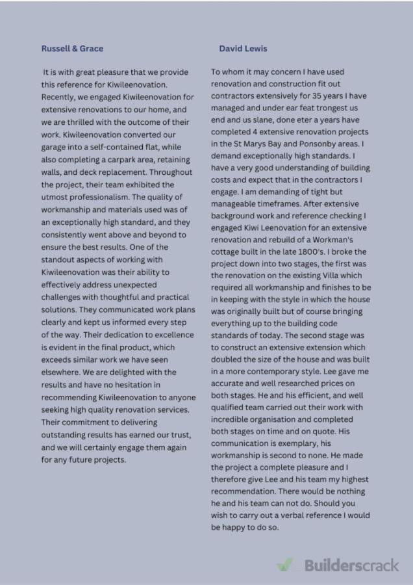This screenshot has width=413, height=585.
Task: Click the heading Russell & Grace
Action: pyautogui.click(x=72, y=48)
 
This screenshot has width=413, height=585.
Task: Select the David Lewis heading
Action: pyautogui.click(x=243, y=48)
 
